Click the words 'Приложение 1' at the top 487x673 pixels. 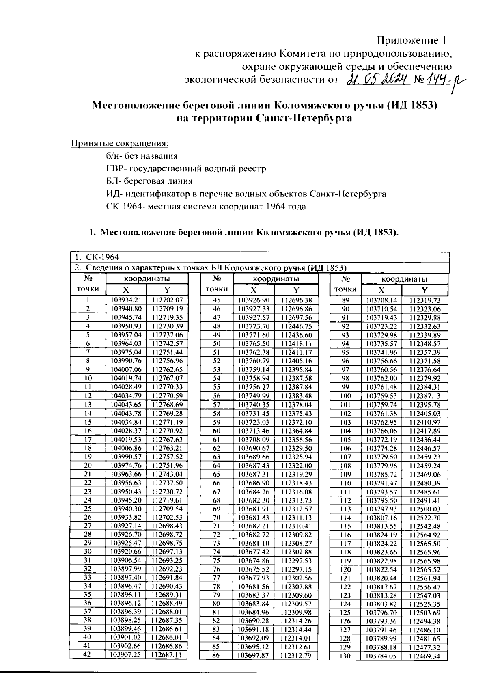412,41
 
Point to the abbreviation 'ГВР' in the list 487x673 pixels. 112,168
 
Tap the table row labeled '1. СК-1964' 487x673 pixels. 260,257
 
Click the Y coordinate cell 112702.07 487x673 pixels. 167,300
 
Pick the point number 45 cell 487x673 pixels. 216,300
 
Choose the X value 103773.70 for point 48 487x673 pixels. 253,326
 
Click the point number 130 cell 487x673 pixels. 345,656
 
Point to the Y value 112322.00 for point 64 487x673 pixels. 296,466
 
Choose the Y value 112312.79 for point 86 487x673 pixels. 296,655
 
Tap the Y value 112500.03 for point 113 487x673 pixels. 425,509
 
